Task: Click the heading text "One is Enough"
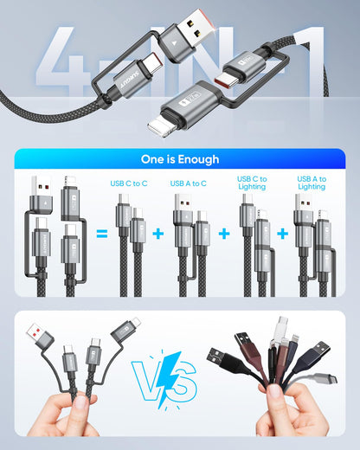tap(180, 159)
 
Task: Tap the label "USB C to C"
tap(128, 183)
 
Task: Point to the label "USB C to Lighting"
tap(252, 183)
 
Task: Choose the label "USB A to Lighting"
tap(312, 183)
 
